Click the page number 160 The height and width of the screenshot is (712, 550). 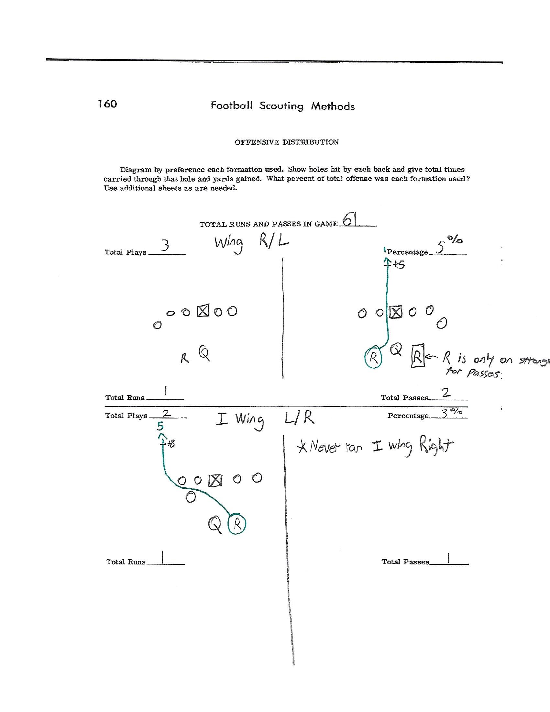(107, 104)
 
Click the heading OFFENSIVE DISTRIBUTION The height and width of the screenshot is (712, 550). (286, 142)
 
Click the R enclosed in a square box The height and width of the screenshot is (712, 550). (417, 356)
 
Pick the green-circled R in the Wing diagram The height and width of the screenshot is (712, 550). (373, 358)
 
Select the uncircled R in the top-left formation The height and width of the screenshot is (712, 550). (185, 359)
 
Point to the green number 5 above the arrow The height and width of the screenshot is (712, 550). (159, 427)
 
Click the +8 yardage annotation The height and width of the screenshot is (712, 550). (170, 444)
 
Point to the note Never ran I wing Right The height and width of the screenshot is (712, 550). (375, 447)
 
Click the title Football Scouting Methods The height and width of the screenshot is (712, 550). (282, 106)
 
